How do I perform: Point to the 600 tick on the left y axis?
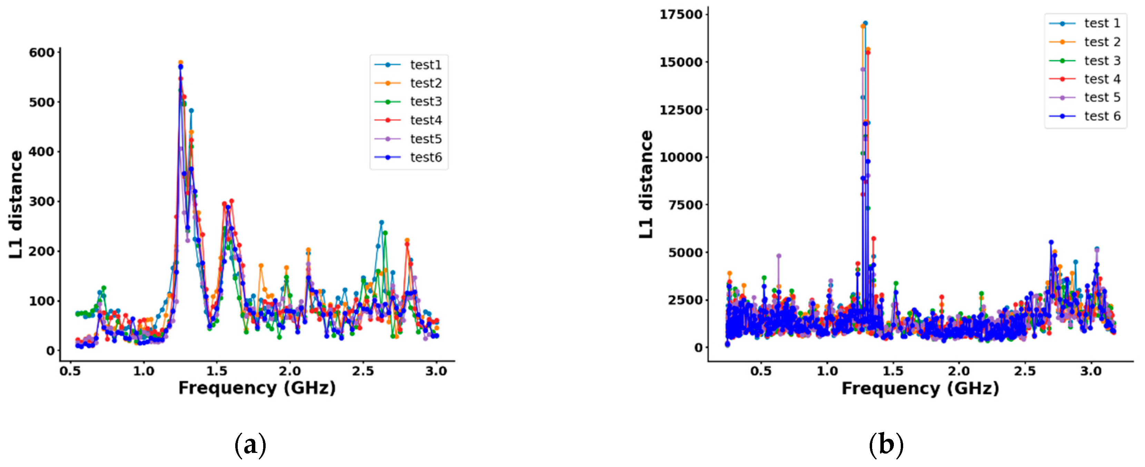pos(42,52)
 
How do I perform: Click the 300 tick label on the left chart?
pos(42,201)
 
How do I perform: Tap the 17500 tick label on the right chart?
pos(681,15)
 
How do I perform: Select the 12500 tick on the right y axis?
pos(681,110)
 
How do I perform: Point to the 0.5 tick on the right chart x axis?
pos(761,371)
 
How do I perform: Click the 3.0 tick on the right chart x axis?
pos(1091,371)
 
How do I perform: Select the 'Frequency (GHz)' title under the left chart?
pos(257,388)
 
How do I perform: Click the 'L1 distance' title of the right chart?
pos(646,184)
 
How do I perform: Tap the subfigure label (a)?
pos(250,445)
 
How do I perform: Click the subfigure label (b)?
pos(886,445)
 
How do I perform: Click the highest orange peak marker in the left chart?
pos(180,63)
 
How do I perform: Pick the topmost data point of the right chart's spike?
pos(865,23)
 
